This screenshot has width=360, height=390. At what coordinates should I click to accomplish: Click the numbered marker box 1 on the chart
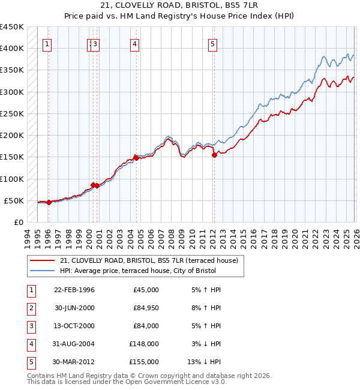47,43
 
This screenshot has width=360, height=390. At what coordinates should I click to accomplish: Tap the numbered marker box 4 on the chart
136,43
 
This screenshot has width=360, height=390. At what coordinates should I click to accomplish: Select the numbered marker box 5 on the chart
213,43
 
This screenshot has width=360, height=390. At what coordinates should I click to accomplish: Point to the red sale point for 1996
49,203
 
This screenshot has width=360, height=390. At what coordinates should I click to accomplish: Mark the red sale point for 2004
136,158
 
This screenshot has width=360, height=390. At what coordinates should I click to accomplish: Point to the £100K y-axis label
12,179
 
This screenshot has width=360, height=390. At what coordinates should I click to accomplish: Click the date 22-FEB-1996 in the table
74,290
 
